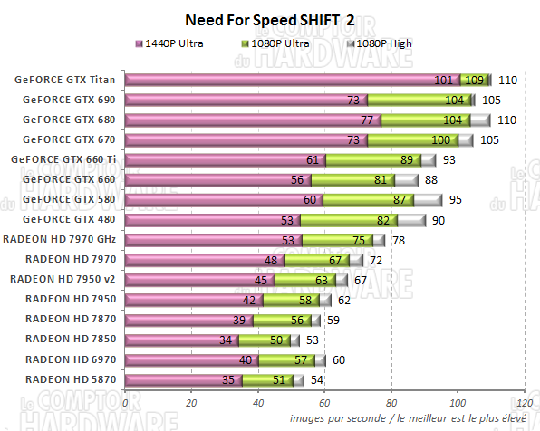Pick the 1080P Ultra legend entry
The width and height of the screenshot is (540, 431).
click(x=280, y=43)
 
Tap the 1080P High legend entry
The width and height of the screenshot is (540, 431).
click(x=378, y=43)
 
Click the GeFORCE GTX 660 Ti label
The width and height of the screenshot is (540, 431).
click(x=63, y=159)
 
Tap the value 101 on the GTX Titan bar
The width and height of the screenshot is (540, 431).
click(x=443, y=80)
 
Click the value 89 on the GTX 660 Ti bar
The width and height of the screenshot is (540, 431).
click(x=407, y=159)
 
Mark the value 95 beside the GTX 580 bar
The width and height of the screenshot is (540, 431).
click(x=456, y=199)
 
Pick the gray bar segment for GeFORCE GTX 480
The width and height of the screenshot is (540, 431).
click(x=411, y=219)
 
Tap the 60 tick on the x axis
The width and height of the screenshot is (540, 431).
click(x=324, y=402)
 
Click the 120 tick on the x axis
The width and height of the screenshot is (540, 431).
click(x=523, y=402)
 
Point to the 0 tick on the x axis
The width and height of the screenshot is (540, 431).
click(x=126, y=402)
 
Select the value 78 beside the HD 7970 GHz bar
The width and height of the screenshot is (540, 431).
click(x=400, y=240)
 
